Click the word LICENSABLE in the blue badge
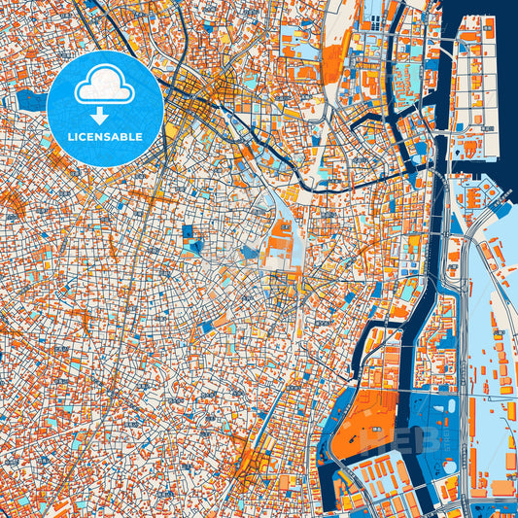[x=104, y=137]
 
